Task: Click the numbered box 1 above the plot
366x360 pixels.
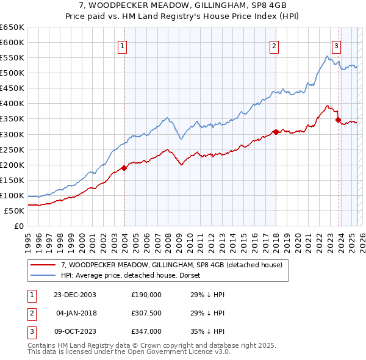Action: coord(123,46)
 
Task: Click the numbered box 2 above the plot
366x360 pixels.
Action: coord(274,46)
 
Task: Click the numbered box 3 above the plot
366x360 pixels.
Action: coord(336,46)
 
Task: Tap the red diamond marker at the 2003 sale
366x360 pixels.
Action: coord(124,167)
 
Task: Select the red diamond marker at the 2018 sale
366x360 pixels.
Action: coord(276,131)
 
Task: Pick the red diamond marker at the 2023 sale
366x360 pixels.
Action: coord(338,120)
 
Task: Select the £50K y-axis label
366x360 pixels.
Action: coord(15,211)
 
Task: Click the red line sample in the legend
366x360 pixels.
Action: coord(43,265)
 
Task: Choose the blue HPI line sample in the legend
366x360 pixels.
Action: coord(43,276)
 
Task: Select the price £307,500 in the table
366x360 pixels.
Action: coord(146,313)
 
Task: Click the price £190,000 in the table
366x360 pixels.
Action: coord(146,294)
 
